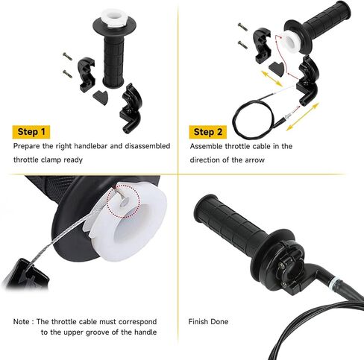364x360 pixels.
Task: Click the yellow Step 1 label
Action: pyautogui.click(x=31, y=132)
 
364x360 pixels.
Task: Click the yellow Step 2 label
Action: pyautogui.click(x=207, y=132)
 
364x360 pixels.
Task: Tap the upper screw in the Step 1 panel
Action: pyautogui.click(x=67, y=57)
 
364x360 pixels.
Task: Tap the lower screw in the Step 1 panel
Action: pyautogui.click(x=67, y=74)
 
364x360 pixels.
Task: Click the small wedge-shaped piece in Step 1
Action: pyautogui.click(x=101, y=97)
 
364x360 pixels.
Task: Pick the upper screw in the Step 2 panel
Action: pyautogui.click(x=243, y=27)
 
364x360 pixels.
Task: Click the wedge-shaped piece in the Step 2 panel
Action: pyautogui.click(x=277, y=68)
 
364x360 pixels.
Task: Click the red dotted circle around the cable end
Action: pyautogui.click(x=123, y=202)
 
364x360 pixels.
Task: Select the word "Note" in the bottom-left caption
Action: pyautogui.click(x=21, y=321)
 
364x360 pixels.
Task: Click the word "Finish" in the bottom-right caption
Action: pyautogui.click(x=198, y=321)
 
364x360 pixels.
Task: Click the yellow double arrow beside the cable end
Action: pyautogui.click(x=302, y=116)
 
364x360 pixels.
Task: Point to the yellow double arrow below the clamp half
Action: pyautogui.click(x=272, y=78)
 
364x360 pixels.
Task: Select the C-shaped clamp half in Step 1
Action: pyautogui.click(x=87, y=75)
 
